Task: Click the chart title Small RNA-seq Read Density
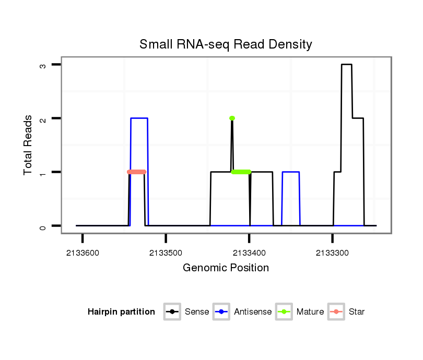[226, 44]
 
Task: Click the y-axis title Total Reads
[28, 145]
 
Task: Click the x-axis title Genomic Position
[226, 268]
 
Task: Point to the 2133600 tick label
[83, 253]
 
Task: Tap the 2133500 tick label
[166, 253]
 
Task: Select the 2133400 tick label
[249, 253]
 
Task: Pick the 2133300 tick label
[332, 253]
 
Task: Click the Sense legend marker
[172, 312]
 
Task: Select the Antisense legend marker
[221, 312]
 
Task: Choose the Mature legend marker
[284, 312]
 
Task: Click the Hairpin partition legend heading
[121, 312]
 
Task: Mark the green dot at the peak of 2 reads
[232, 118]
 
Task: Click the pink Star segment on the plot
[137, 172]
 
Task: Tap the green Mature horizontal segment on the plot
[241, 172]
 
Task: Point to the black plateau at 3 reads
[347, 65]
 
